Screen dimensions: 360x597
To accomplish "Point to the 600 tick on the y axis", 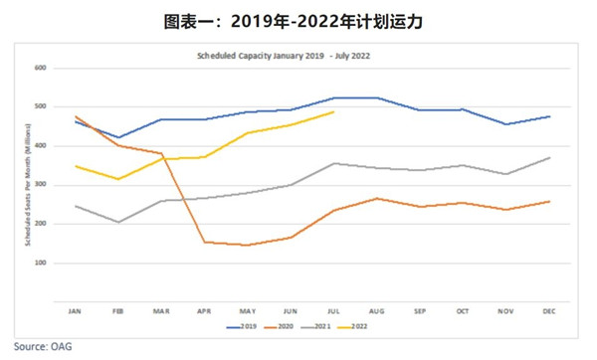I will [x=42, y=68].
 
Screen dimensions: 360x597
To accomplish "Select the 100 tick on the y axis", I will [x=42, y=263].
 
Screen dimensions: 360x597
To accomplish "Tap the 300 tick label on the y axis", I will [x=42, y=185].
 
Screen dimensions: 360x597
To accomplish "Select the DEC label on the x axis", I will [x=547, y=311].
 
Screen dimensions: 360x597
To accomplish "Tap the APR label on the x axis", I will [x=203, y=311].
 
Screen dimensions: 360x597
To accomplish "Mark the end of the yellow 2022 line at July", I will [x=333, y=112].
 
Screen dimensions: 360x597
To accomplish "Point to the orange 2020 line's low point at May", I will [x=247, y=245].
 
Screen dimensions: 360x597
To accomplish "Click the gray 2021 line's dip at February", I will [x=117, y=222].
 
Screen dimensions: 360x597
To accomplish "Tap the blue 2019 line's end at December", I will [x=548, y=116].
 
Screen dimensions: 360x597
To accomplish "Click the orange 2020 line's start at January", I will [x=76, y=116].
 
